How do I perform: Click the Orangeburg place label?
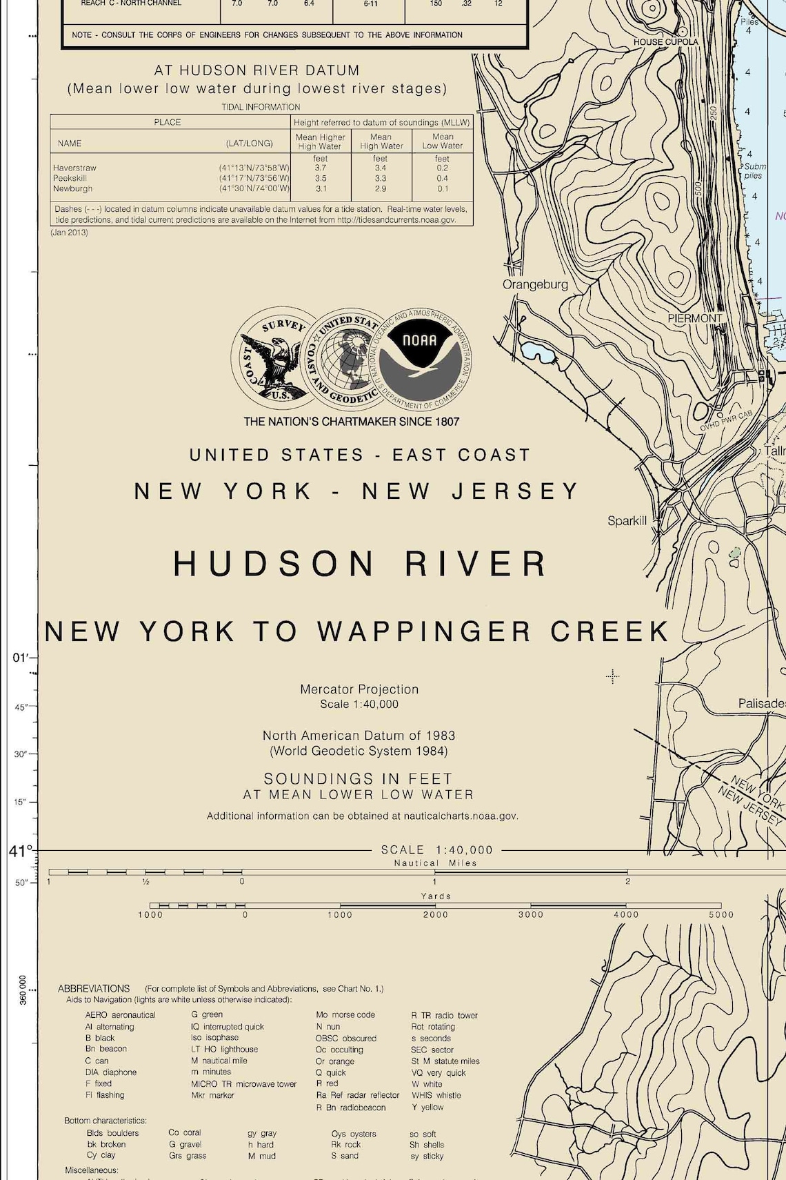(535, 284)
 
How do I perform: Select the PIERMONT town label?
(695, 318)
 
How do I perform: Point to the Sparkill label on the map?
(627, 520)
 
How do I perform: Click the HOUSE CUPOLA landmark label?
(665, 42)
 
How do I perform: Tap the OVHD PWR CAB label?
(726, 422)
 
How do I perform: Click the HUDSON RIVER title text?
(359, 564)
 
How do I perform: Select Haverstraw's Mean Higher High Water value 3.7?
(321, 168)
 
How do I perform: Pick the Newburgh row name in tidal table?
(72, 188)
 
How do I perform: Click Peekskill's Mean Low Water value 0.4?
(442, 178)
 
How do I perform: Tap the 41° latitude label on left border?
(21, 852)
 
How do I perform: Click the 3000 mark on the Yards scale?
(531, 914)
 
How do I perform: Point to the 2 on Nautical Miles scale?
(627, 881)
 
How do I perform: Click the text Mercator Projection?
(359, 689)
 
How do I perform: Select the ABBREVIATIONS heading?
(94, 988)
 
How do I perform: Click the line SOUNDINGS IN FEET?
(358, 778)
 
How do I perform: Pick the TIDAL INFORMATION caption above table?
(261, 107)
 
